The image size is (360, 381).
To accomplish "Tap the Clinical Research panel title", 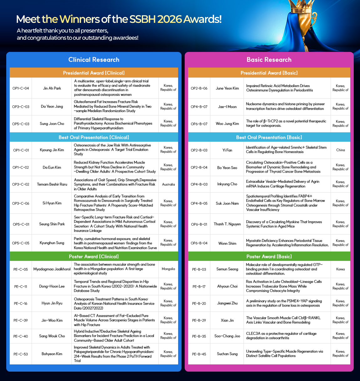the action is [94, 60].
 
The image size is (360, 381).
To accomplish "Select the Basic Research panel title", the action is [269, 60].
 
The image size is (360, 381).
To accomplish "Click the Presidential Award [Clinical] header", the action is [94, 73].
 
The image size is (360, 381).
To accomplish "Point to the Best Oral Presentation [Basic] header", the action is [269, 137].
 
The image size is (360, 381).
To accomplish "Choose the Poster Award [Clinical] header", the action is [94, 257].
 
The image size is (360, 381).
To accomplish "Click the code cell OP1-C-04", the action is [21, 88].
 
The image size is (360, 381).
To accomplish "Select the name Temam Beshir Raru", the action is [52, 184].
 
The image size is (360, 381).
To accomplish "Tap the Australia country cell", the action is [168, 184].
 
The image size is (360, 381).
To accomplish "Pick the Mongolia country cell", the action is [168, 269].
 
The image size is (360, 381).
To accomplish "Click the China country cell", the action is [340, 150].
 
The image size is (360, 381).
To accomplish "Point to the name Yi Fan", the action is [227, 150].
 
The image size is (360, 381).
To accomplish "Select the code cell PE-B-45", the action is [199, 354].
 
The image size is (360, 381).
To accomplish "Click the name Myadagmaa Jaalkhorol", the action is [52, 269].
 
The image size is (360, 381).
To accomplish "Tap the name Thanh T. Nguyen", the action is [227, 224].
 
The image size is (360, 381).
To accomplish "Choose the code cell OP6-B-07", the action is [199, 124].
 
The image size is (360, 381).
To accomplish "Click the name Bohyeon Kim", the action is [52, 354].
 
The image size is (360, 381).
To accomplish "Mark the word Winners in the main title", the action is [79, 19].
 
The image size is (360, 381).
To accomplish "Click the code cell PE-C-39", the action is [21, 320].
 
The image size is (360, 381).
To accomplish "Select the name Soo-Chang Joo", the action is [227, 336].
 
